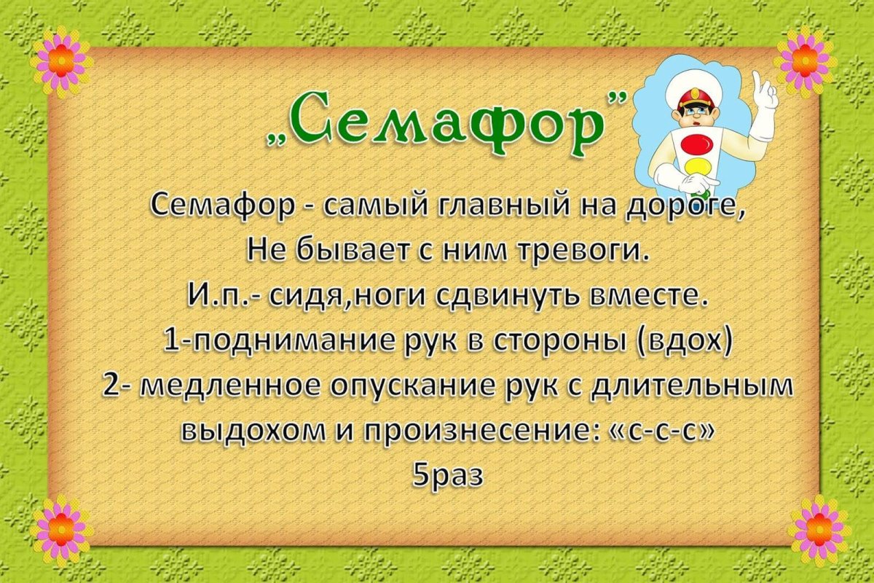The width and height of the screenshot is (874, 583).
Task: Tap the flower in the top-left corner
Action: point(60,62)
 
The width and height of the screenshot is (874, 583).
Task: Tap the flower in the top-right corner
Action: point(805,61)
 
